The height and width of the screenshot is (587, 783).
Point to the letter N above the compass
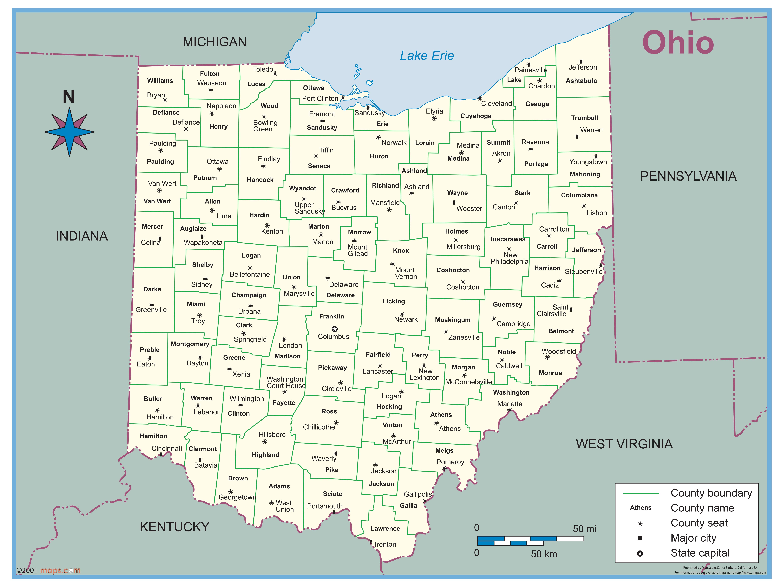coord(69,96)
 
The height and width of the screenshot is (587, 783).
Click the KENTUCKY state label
coord(174,527)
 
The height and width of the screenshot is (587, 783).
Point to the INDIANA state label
coord(82,236)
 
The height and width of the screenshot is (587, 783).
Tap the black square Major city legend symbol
coord(640,538)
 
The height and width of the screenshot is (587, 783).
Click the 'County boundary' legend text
coord(711,493)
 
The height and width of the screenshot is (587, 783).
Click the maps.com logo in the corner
coord(60,570)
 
